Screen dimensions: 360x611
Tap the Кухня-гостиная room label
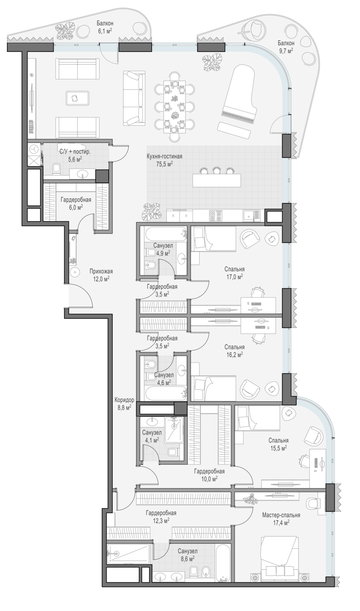(x=164, y=156)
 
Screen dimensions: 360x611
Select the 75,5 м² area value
(x=164, y=164)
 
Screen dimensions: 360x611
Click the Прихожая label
(x=101, y=271)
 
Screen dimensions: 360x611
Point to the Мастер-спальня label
(x=281, y=515)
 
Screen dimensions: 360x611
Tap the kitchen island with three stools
(x=217, y=180)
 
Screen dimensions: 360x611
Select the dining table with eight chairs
(x=175, y=107)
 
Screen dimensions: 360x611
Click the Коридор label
(x=124, y=400)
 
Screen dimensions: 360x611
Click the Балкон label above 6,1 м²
(x=105, y=24)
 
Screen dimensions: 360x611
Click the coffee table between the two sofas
(x=77, y=98)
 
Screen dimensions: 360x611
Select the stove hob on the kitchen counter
(x=215, y=216)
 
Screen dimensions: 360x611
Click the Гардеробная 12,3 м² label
(x=161, y=517)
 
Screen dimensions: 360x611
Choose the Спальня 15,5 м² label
(x=279, y=444)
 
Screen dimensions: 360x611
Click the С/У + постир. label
(x=75, y=152)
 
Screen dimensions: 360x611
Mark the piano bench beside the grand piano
(x=234, y=130)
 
